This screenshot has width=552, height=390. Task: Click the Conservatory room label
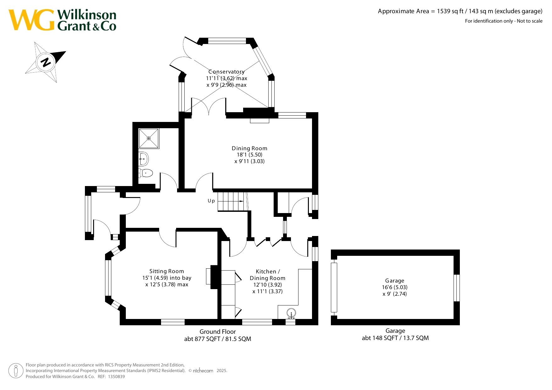coord(226,72)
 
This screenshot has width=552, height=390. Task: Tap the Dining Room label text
coord(249,148)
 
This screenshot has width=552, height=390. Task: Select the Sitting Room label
coord(167,271)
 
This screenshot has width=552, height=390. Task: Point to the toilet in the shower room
coord(146,173)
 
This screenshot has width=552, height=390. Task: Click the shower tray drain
coord(149,138)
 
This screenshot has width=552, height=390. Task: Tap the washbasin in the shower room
coord(143,159)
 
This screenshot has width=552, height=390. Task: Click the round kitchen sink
coord(291,313)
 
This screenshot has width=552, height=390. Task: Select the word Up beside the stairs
coord(211,201)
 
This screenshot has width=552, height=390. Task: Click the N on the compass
coord(46,62)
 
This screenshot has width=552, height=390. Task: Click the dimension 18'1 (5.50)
coord(249,155)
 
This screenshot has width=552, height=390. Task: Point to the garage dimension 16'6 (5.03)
coord(395,287)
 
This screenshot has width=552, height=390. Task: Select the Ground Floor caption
coord(218,332)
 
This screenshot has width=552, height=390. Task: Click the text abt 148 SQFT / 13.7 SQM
coord(395,338)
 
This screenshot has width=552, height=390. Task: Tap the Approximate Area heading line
coord(460,11)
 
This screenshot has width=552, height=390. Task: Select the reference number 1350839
coord(116,376)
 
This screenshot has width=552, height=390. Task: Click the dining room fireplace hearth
coord(259,121)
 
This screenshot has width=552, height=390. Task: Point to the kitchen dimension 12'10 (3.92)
coord(268,285)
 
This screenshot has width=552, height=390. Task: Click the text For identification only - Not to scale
coord(504,21)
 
